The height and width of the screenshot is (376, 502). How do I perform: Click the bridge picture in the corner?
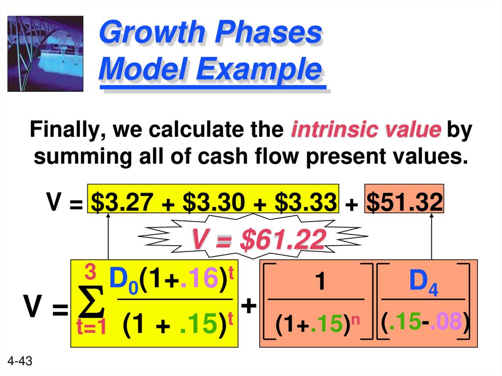45,53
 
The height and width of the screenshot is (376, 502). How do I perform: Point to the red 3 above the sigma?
90,271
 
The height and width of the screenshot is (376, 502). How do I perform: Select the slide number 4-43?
20,362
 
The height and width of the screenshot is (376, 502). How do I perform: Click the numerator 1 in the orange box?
320,283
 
